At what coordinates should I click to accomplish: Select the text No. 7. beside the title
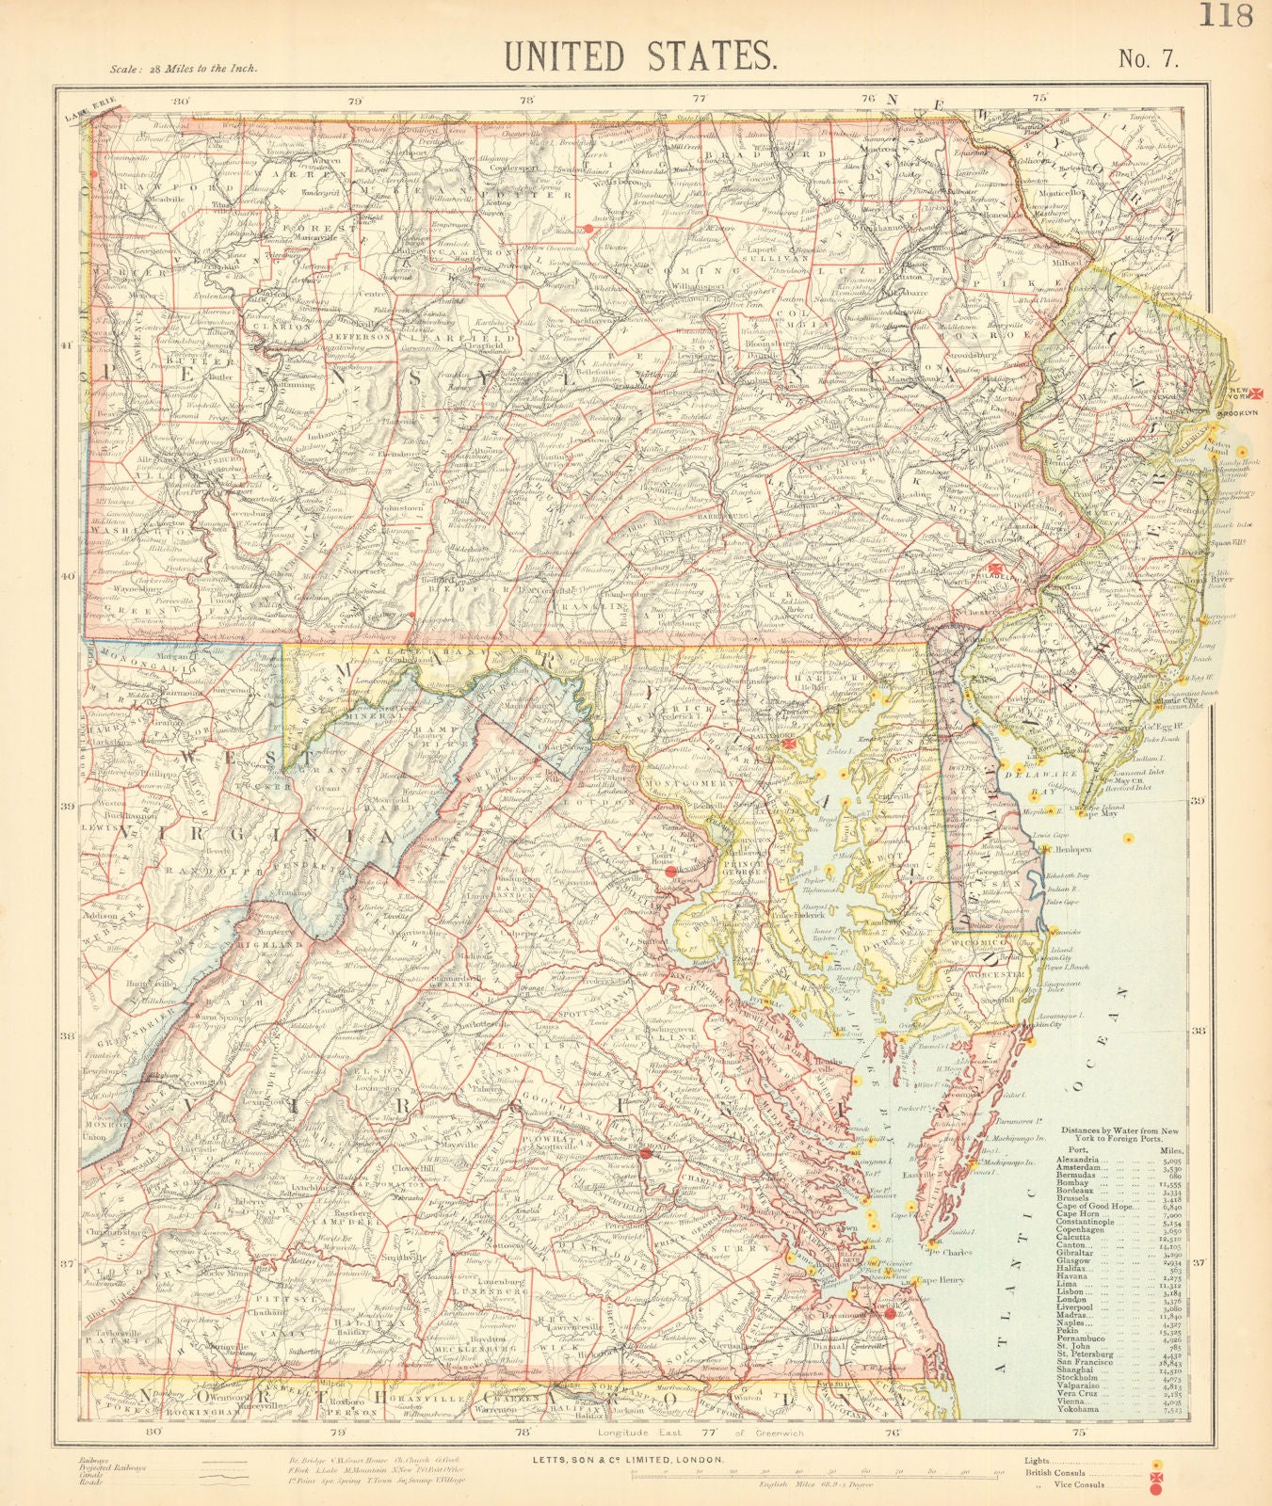click(x=1146, y=58)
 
